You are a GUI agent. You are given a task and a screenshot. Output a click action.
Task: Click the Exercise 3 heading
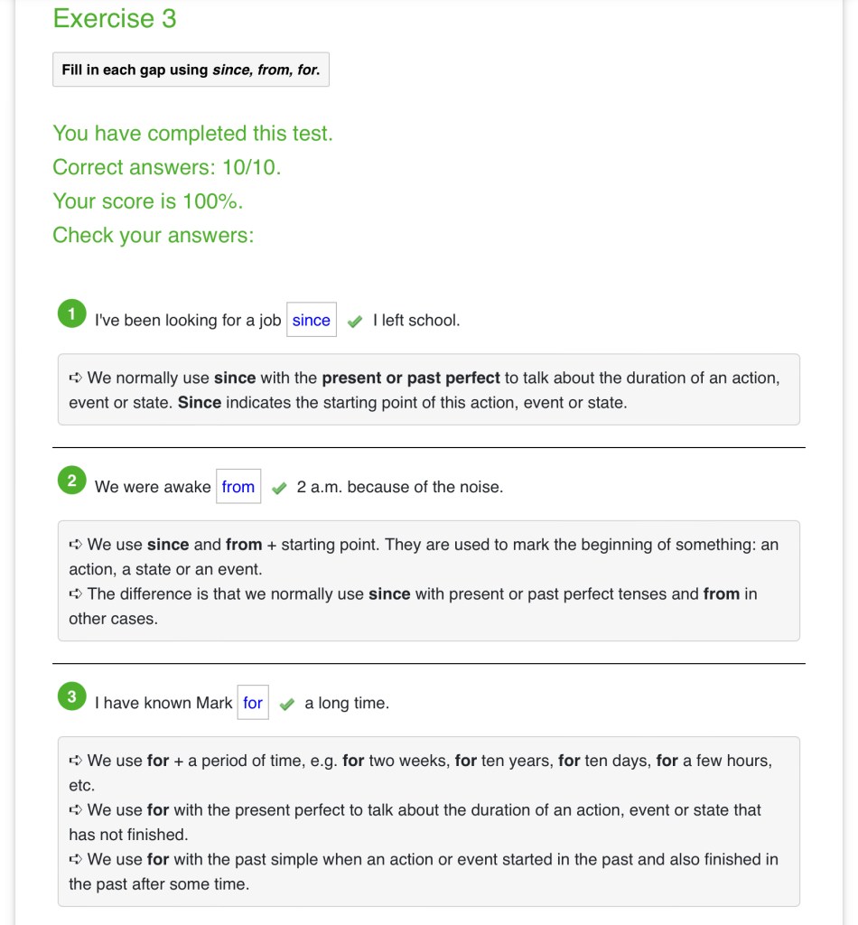(x=115, y=19)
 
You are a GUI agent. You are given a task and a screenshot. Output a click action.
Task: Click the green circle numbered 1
(x=71, y=314)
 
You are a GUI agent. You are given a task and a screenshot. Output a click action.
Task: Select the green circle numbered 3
(x=71, y=697)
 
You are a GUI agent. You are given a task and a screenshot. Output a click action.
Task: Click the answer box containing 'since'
(x=312, y=320)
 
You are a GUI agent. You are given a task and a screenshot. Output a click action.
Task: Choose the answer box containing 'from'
(x=238, y=487)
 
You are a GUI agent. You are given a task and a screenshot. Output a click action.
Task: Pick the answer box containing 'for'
(x=253, y=703)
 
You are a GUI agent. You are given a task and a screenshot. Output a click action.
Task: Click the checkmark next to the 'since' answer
(x=355, y=322)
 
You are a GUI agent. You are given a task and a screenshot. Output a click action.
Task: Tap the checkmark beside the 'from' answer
(x=279, y=489)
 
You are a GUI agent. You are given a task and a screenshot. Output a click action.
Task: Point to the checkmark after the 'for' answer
(x=287, y=705)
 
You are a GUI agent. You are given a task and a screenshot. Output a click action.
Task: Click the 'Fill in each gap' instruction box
(x=191, y=70)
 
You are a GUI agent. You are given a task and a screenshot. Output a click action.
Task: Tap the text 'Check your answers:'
(x=154, y=235)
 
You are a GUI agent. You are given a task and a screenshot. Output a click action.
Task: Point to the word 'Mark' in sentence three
(x=214, y=703)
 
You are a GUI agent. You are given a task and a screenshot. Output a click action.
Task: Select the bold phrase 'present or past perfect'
(x=411, y=378)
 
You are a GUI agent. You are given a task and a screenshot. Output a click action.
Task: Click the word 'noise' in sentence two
(x=479, y=487)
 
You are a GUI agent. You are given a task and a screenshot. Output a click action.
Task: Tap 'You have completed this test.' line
(x=192, y=134)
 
